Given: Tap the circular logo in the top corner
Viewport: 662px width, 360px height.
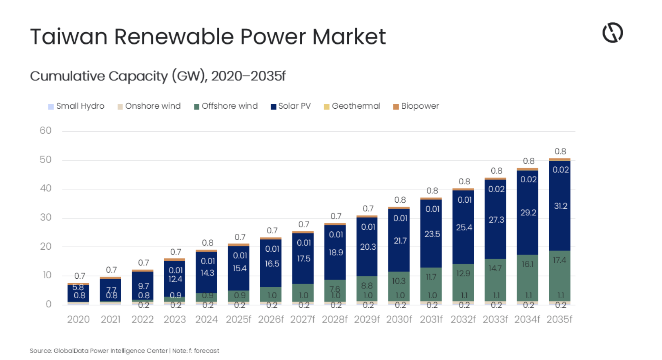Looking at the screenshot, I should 613,33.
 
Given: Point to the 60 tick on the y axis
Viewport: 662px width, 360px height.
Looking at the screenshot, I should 45,131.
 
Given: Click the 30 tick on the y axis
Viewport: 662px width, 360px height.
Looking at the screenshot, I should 45,217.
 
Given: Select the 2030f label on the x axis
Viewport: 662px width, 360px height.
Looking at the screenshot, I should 399,319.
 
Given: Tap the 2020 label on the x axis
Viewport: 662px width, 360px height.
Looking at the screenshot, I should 78,319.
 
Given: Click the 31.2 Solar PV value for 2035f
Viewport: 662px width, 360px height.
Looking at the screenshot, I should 560,206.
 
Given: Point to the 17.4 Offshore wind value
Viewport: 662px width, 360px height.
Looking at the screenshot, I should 559,260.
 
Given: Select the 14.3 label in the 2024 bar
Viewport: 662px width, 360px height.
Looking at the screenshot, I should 207,273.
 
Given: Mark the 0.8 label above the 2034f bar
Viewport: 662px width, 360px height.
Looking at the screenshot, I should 528,161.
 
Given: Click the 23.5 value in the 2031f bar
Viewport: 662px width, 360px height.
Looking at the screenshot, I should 432,234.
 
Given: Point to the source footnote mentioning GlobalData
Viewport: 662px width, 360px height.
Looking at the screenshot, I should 124,351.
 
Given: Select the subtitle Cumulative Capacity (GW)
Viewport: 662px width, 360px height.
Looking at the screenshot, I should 157,76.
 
